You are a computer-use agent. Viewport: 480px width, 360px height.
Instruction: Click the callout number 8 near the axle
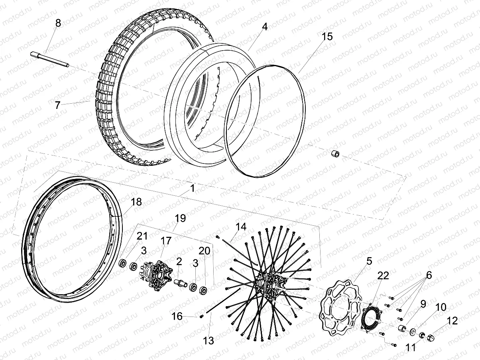[x=58, y=23]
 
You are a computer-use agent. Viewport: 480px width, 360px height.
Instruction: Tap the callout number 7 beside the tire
[x=58, y=105]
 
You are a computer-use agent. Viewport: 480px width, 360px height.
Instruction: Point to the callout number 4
[x=265, y=27]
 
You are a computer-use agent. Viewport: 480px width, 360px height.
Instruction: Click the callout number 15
[x=327, y=36]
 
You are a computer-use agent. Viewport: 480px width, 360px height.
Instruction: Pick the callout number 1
[x=192, y=188]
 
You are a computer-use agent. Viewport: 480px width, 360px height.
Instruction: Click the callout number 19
[x=180, y=218]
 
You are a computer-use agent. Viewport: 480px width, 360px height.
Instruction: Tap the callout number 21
[x=142, y=236]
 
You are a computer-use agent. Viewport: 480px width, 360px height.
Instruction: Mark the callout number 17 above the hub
[x=166, y=241]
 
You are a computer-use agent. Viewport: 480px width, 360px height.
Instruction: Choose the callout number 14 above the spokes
[x=241, y=227]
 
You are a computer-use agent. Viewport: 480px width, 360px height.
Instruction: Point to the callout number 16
[x=177, y=316]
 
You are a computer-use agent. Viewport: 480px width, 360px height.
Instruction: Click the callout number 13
[x=209, y=340]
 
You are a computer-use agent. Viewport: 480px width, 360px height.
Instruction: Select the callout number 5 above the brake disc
[x=369, y=261]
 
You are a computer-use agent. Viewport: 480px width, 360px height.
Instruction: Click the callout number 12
[x=452, y=320]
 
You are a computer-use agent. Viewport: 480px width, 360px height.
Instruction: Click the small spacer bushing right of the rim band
[x=335, y=153]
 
